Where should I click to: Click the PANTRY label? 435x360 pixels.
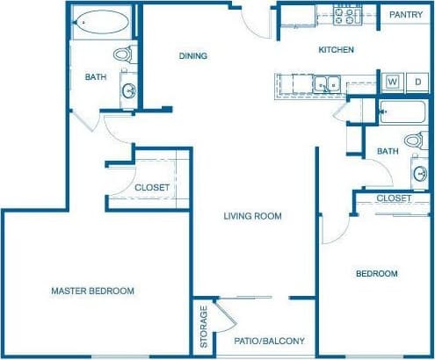coord(405,15)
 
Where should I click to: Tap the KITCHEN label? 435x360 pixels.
coord(336,50)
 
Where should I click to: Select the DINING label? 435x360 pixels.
coord(192,56)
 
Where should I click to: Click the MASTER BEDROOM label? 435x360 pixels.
coord(92,291)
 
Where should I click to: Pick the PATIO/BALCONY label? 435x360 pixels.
coord(269,341)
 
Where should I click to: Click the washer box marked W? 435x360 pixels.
coord(392,82)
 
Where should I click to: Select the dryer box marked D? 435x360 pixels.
coord(417,82)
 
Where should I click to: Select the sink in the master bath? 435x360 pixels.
coord(128,90)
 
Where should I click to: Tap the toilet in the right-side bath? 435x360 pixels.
coord(416,140)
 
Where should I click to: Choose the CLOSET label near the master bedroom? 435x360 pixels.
coord(152,187)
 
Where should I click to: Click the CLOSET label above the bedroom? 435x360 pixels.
coord(393,198)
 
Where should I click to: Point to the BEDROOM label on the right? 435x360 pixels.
coord(376,274)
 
